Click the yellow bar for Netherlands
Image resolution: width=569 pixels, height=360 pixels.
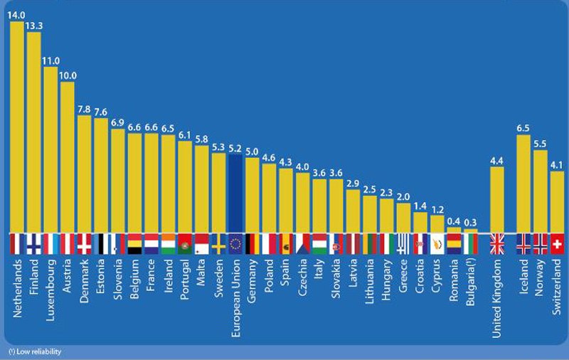pyautogui.click(x=17, y=128)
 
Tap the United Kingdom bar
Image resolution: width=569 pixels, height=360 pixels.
pyautogui.click(x=498, y=199)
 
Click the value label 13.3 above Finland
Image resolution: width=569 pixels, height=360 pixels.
pyautogui.click(x=34, y=26)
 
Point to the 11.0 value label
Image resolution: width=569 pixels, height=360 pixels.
pyautogui.click(x=51, y=61)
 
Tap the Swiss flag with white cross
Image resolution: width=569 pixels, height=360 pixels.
pyautogui.click(x=558, y=244)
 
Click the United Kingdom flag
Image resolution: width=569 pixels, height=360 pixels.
pyautogui.click(x=498, y=244)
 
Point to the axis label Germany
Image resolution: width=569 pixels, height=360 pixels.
pyautogui.click(x=252, y=282)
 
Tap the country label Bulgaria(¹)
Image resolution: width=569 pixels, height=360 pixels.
pyautogui.click(x=470, y=285)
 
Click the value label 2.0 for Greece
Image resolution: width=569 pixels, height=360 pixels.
pyautogui.click(x=403, y=197)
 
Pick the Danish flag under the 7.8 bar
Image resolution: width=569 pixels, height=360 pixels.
pyautogui.click(x=85, y=244)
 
